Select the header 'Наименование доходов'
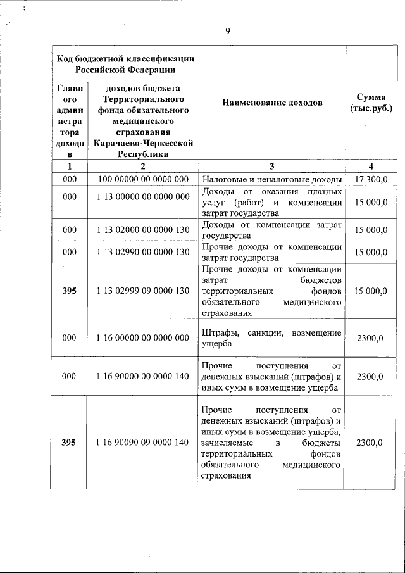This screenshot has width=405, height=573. click(x=272, y=103)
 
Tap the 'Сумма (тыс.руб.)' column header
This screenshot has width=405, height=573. click(x=371, y=103)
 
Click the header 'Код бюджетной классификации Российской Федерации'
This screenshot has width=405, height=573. click(x=125, y=64)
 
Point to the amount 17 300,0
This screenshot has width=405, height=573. click(x=371, y=180)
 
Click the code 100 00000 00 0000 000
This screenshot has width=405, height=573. click(x=143, y=180)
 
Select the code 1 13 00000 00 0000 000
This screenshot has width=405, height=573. click(x=143, y=197)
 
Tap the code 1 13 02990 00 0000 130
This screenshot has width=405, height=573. click(x=143, y=252)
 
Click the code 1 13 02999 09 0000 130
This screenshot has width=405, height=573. click(x=143, y=291)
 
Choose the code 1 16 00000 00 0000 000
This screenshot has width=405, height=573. click(x=143, y=338)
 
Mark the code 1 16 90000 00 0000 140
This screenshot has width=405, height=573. click(x=143, y=377)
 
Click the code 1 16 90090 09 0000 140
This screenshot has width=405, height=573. click(x=143, y=443)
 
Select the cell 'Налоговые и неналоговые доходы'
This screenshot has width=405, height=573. click(x=272, y=180)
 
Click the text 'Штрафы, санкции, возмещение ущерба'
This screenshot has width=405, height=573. click(x=272, y=338)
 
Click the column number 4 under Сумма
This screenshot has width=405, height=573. click(x=371, y=167)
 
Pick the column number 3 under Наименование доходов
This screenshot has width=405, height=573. click(x=272, y=167)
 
